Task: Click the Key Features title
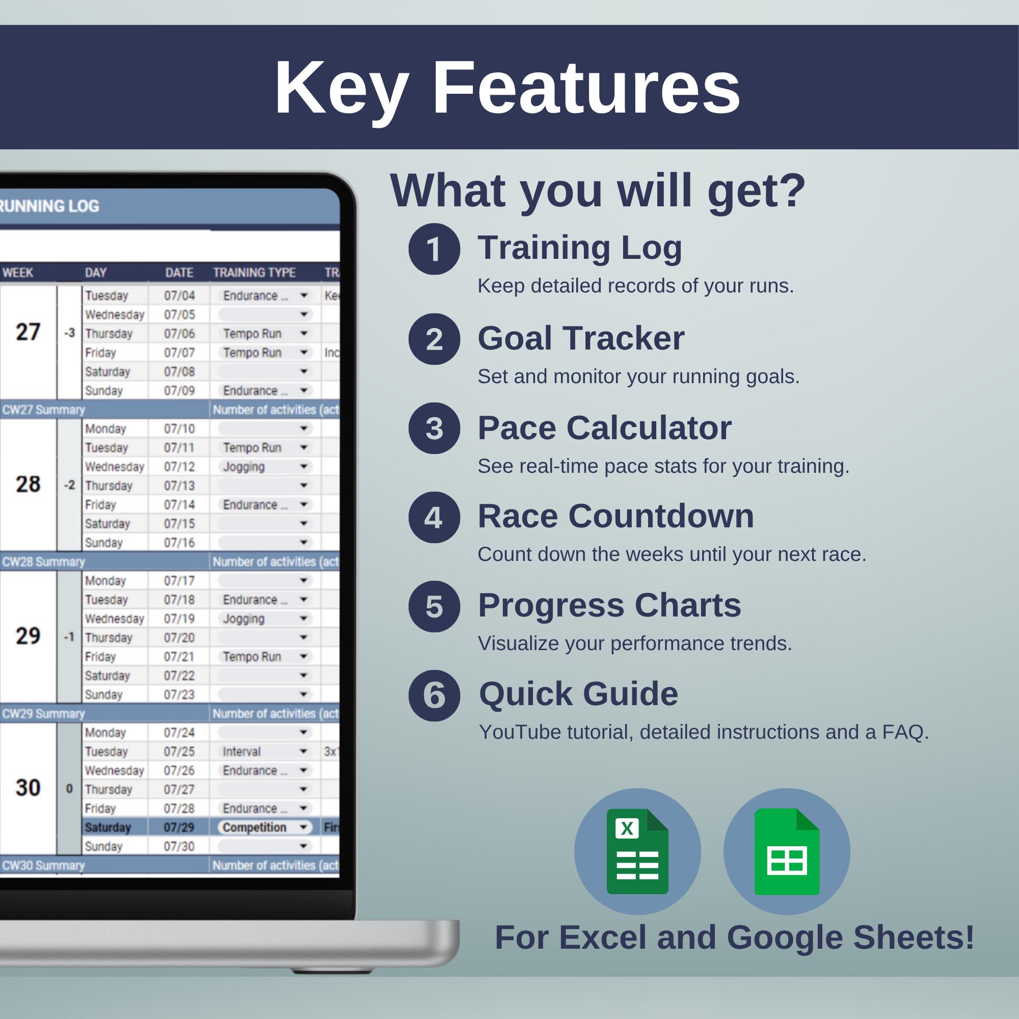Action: (507, 88)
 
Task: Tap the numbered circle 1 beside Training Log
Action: (434, 249)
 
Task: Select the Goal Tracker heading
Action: (581, 338)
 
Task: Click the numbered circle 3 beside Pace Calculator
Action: (434, 428)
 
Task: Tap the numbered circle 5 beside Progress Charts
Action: (434, 606)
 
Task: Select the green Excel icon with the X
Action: (637, 852)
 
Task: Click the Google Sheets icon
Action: (786, 852)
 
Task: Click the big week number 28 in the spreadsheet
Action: (28, 484)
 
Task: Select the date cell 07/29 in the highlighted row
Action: (179, 827)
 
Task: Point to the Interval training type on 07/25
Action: (242, 751)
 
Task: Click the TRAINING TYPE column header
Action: (254, 273)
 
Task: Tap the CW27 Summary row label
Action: (43, 410)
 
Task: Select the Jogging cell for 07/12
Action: (244, 467)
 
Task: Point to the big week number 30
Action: (28, 788)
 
